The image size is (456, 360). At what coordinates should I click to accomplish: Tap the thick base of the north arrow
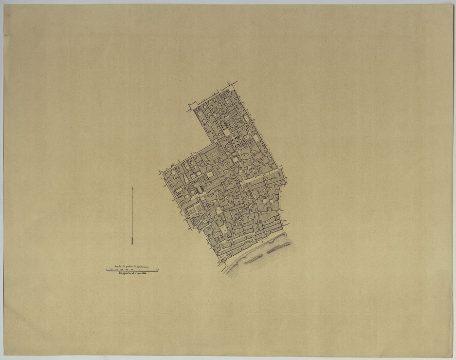132,241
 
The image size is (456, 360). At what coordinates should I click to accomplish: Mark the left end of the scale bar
107,270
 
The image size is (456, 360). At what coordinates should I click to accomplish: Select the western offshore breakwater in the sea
253,260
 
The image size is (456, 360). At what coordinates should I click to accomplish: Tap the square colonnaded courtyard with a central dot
210,174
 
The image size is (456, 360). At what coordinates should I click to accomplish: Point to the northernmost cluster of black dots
223,126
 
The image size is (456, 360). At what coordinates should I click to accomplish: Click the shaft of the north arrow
132,214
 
